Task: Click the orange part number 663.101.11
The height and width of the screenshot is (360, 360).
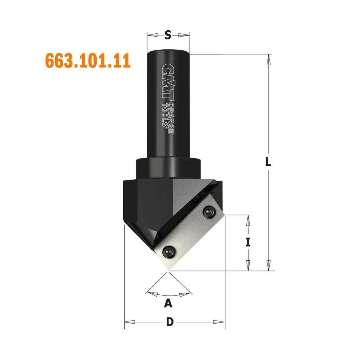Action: (88, 61)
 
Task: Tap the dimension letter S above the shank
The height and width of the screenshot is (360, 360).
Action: (168, 35)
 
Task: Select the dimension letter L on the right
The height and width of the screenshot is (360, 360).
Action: (268, 162)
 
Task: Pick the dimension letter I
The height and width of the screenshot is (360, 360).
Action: (248, 242)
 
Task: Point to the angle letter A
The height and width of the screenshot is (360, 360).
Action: (168, 303)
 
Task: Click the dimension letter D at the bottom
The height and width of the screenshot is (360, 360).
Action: (170, 322)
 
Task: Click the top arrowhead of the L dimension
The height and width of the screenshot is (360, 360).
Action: (269, 59)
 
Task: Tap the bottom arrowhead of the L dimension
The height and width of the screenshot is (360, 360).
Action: (269, 266)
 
